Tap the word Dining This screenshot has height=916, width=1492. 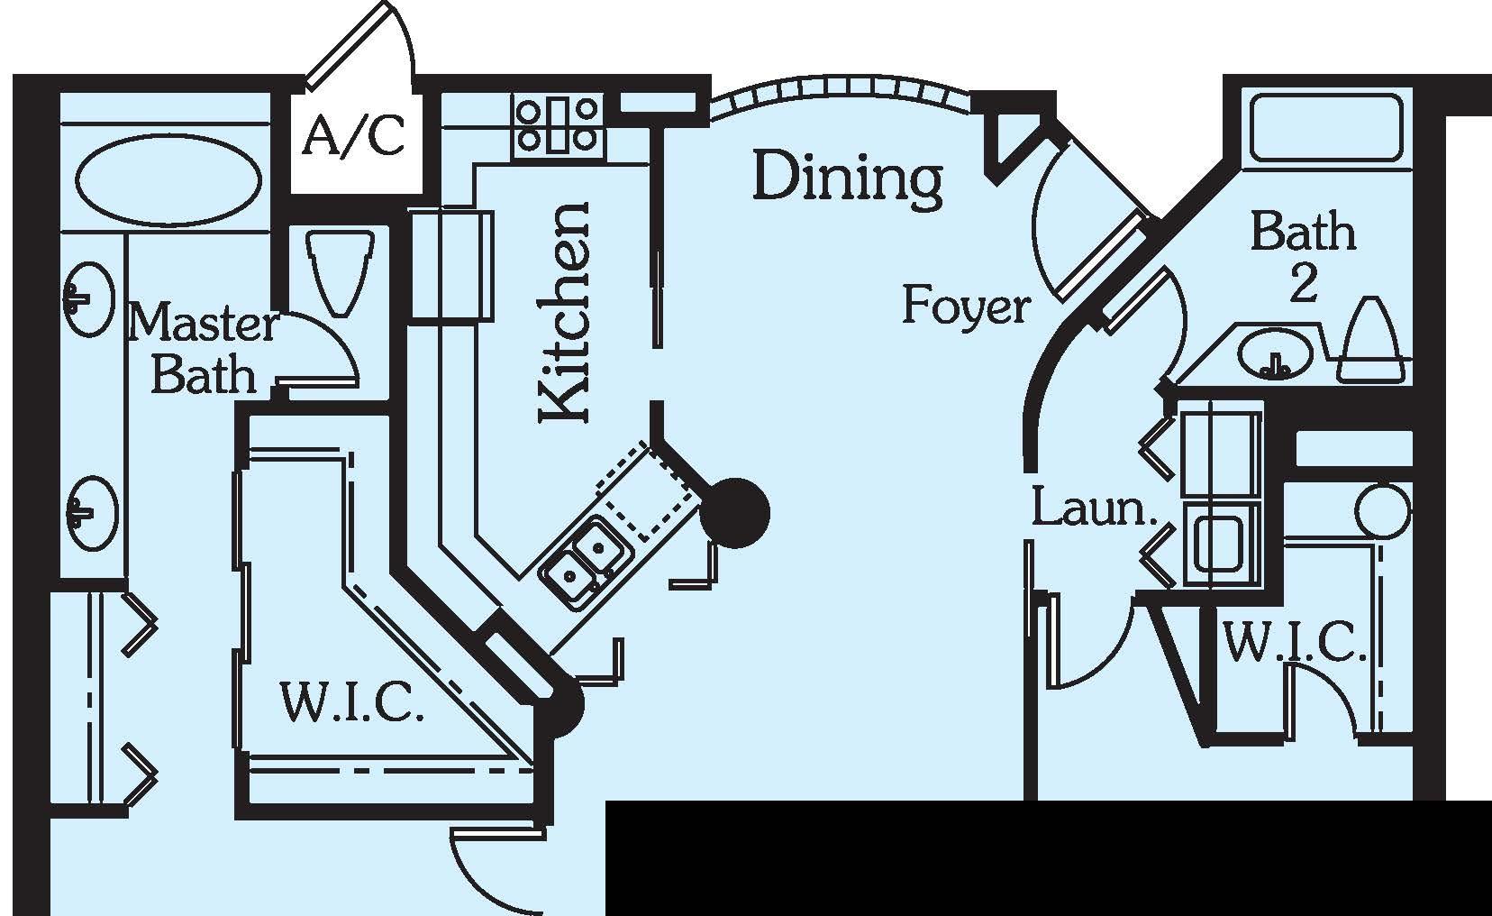click(848, 178)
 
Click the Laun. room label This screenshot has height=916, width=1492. click(1093, 508)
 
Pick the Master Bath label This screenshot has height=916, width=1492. click(202, 348)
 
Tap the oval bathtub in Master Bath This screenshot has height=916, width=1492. click(168, 180)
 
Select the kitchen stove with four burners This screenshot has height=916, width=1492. click(559, 124)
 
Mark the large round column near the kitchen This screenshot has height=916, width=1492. click(734, 513)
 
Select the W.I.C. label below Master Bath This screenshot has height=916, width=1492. click(351, 702)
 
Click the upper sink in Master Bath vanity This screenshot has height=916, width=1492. click(90, 298)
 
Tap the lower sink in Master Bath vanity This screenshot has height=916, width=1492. click(92, 511)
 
